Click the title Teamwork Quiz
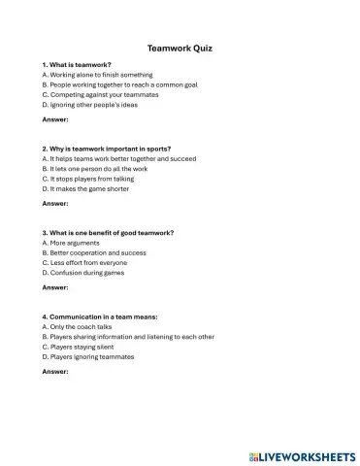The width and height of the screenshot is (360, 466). pos(180,46)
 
